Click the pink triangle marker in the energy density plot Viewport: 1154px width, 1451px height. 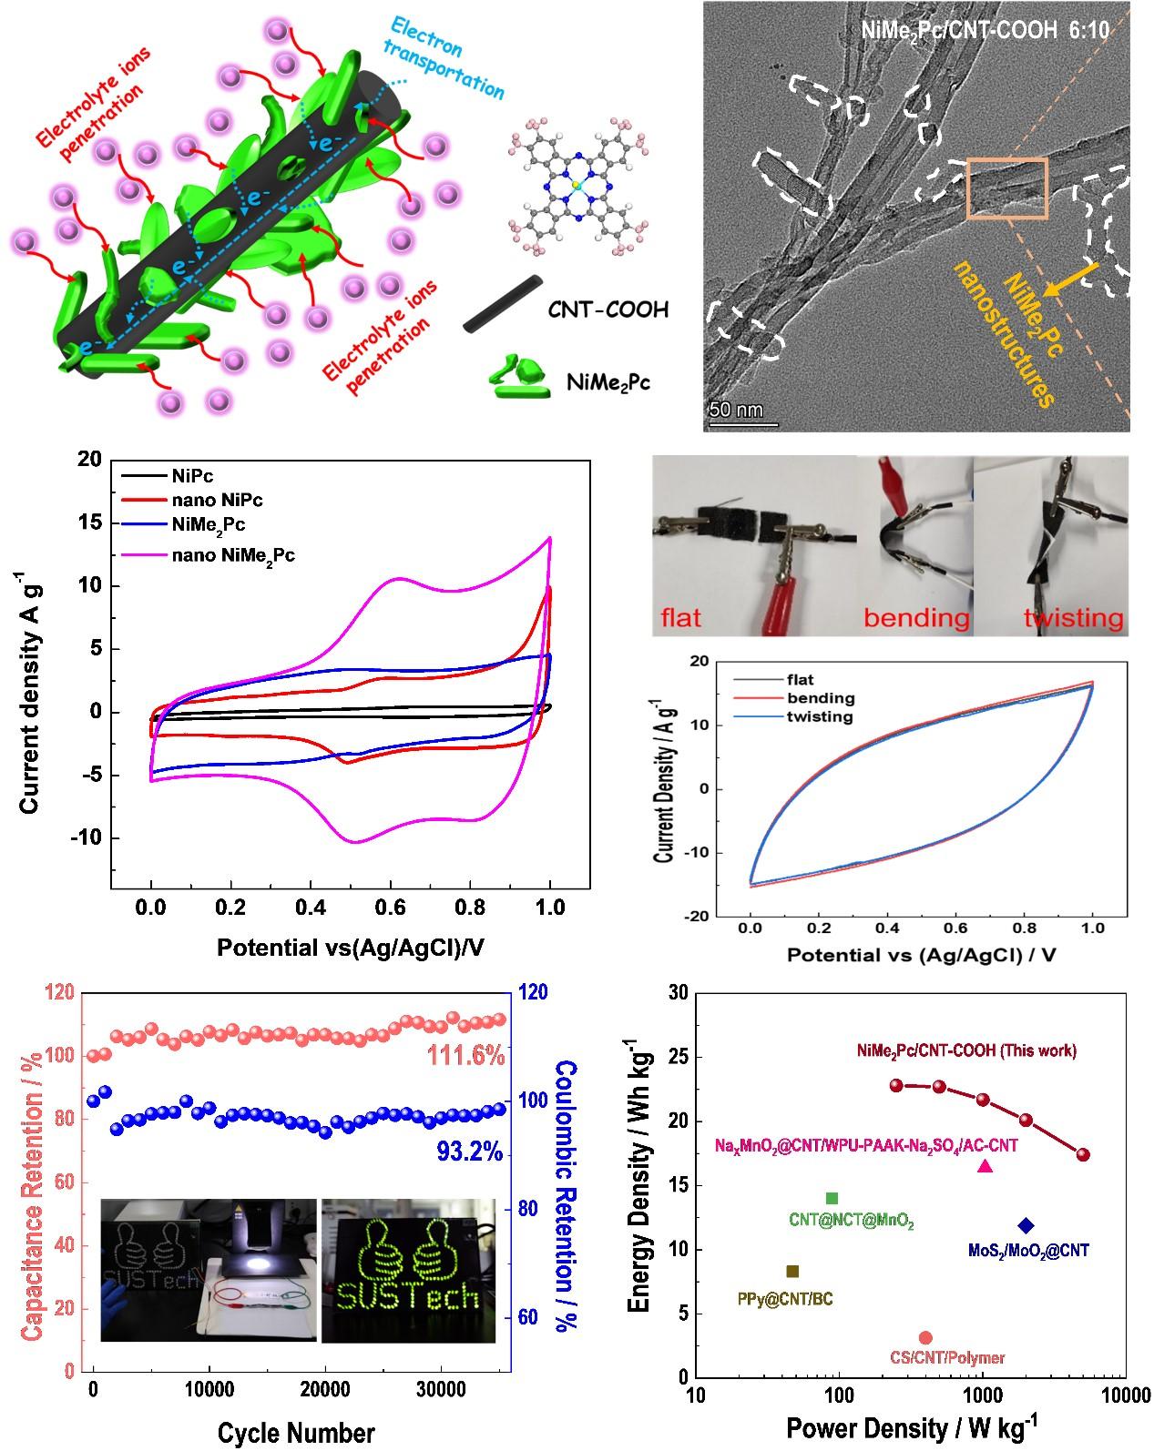coord(985,1166)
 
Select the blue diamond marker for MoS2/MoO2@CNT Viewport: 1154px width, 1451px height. coord(1026,1225)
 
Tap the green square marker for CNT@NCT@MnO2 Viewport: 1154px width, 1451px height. coord(832,1198)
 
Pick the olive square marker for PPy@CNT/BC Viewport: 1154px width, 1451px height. coord(792,1271)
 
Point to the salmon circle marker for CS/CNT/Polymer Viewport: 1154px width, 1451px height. coord(925,1337)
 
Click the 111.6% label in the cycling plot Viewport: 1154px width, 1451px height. coord(466,1056)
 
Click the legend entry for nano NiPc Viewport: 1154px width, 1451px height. coord(217,500)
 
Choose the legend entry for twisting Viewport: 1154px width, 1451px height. coord(821,716)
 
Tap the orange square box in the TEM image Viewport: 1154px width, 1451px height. coord(1006,188)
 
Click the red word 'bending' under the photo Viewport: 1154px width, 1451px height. coord(916,618)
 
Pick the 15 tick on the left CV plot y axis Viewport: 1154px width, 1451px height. coord(89,523)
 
